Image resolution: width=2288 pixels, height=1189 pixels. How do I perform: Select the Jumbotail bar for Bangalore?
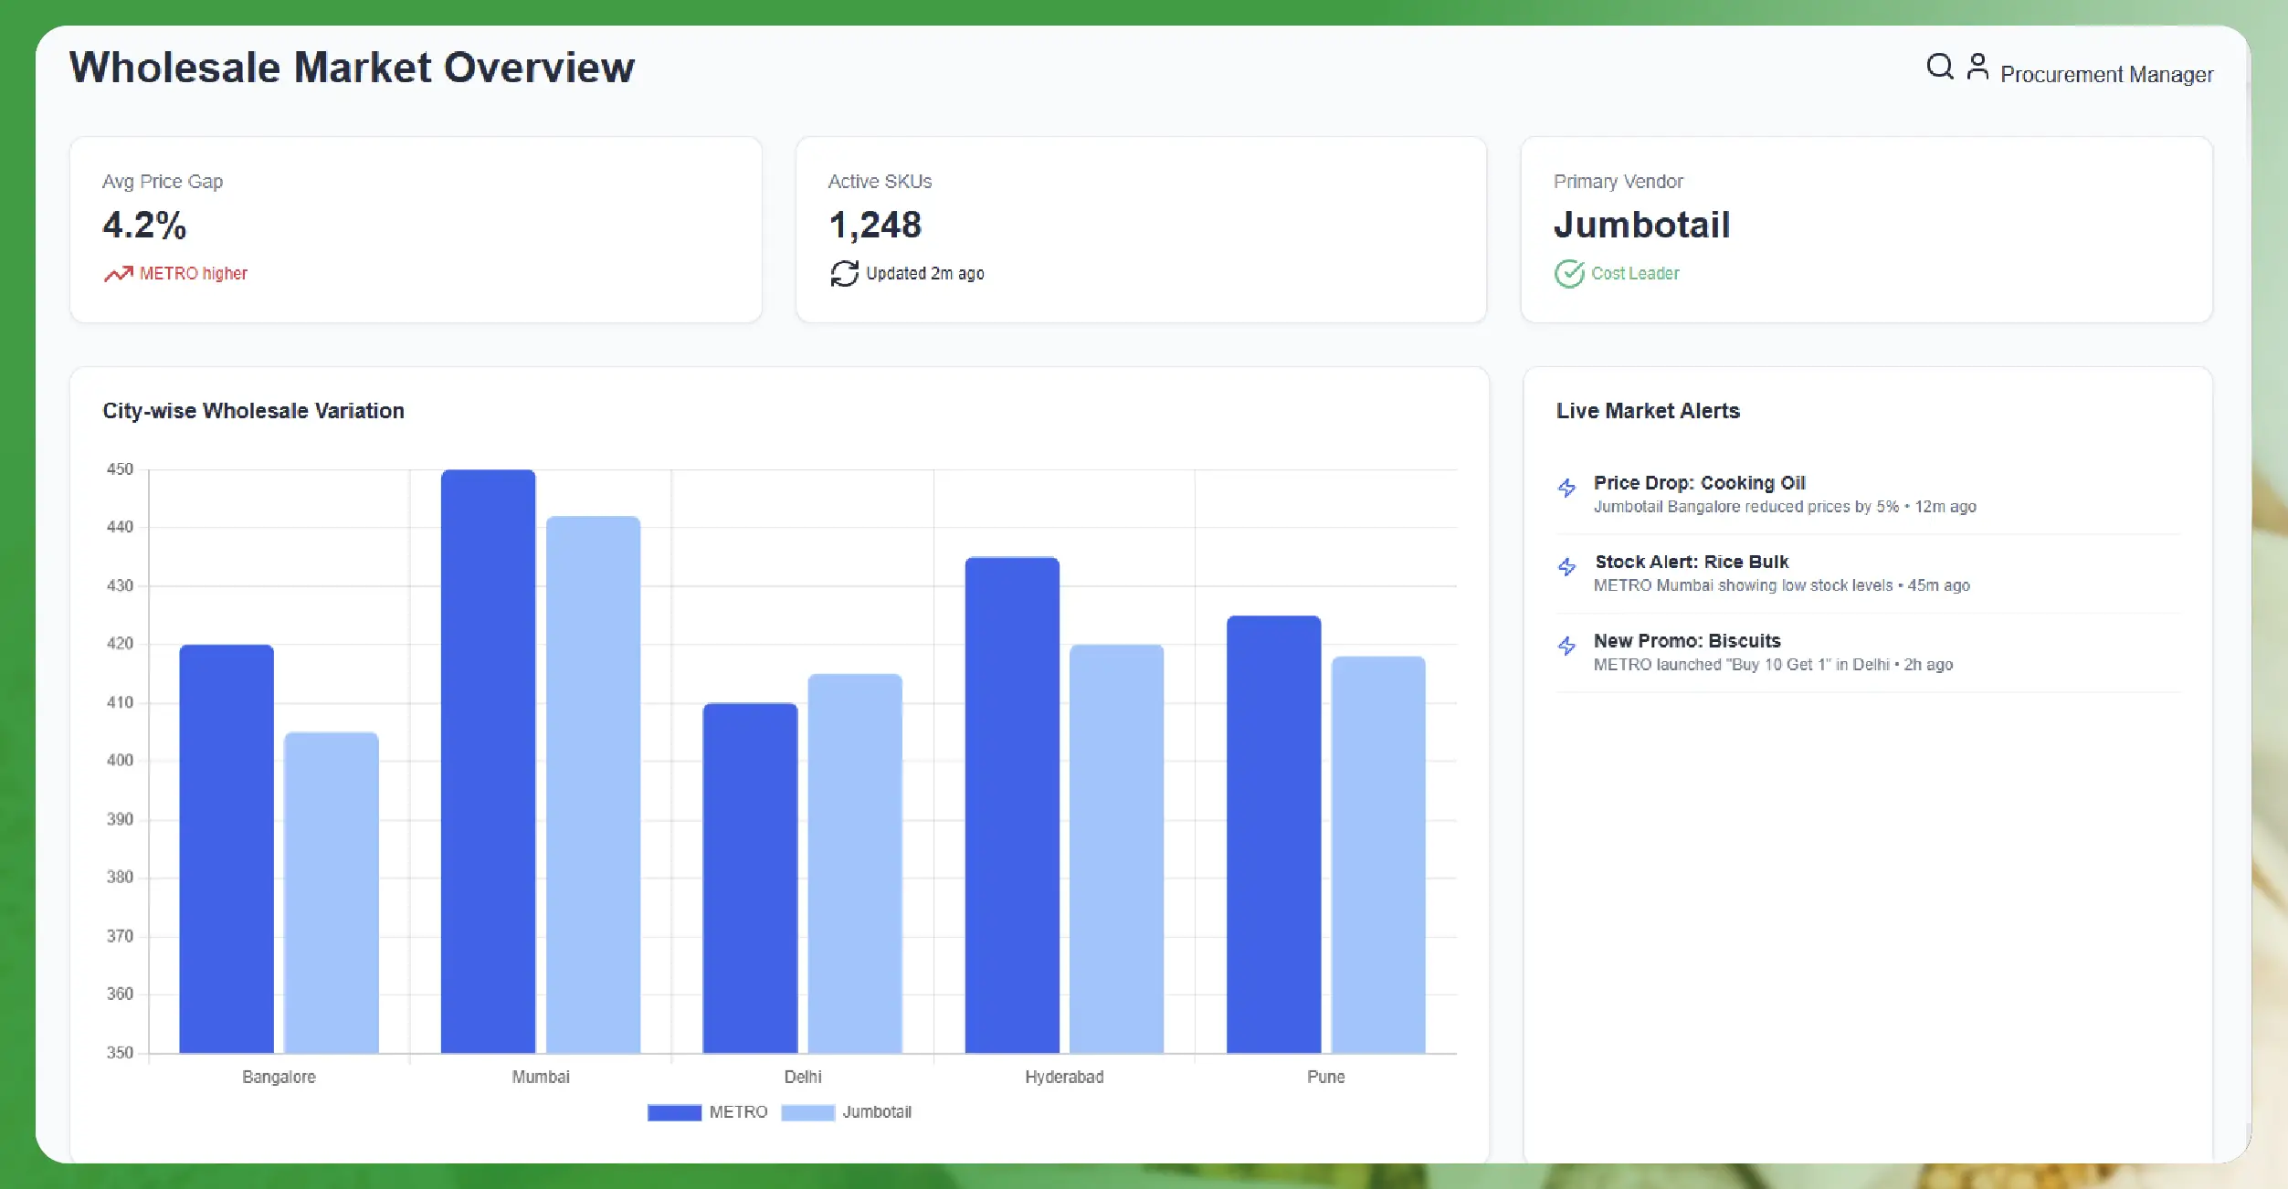[x=331, y=892]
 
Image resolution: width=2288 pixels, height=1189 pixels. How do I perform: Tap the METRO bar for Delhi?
[x=750, y=878]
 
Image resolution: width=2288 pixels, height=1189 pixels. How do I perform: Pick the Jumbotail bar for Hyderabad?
[x=1116, y=848]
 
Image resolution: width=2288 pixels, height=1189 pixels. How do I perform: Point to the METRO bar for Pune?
[x=1273, y=834]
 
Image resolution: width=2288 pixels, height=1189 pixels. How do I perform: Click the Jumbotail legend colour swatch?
[x=807, y=1112]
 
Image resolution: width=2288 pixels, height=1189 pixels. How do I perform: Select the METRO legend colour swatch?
[x=674, y=1112]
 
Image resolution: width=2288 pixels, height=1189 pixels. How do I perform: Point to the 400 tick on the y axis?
[x=120, y=760]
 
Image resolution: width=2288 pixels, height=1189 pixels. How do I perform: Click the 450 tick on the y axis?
[x=120, y=469]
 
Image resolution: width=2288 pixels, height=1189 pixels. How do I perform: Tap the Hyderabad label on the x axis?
[x=1064, y=1077]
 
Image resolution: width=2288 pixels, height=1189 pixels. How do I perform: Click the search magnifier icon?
[x=1939, y=67]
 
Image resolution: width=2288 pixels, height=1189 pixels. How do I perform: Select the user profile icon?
[x=1977, y=67]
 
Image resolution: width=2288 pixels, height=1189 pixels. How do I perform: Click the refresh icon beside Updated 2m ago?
[x=844, y=273]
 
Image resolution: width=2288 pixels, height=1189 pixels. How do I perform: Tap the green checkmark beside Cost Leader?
[x=1569, y=273]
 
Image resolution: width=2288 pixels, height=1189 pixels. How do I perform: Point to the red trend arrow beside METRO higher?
[x=118, y=273]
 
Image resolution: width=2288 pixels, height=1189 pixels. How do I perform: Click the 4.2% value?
[x=144, y=225]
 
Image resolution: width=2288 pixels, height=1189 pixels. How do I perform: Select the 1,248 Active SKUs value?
[x=875, y=225]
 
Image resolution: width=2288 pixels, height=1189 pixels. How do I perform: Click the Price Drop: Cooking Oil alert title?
[x=1699, y=482]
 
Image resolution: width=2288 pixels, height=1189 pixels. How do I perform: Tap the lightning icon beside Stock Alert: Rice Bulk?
[x=1566, y=567]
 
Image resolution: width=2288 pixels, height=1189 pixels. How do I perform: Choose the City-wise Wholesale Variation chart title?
[x=253, y=411]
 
